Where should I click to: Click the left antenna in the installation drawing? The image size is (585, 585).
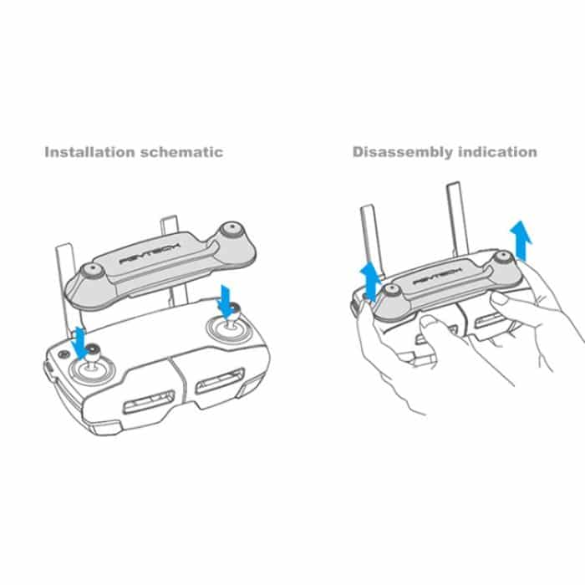click(x=62, y=284)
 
